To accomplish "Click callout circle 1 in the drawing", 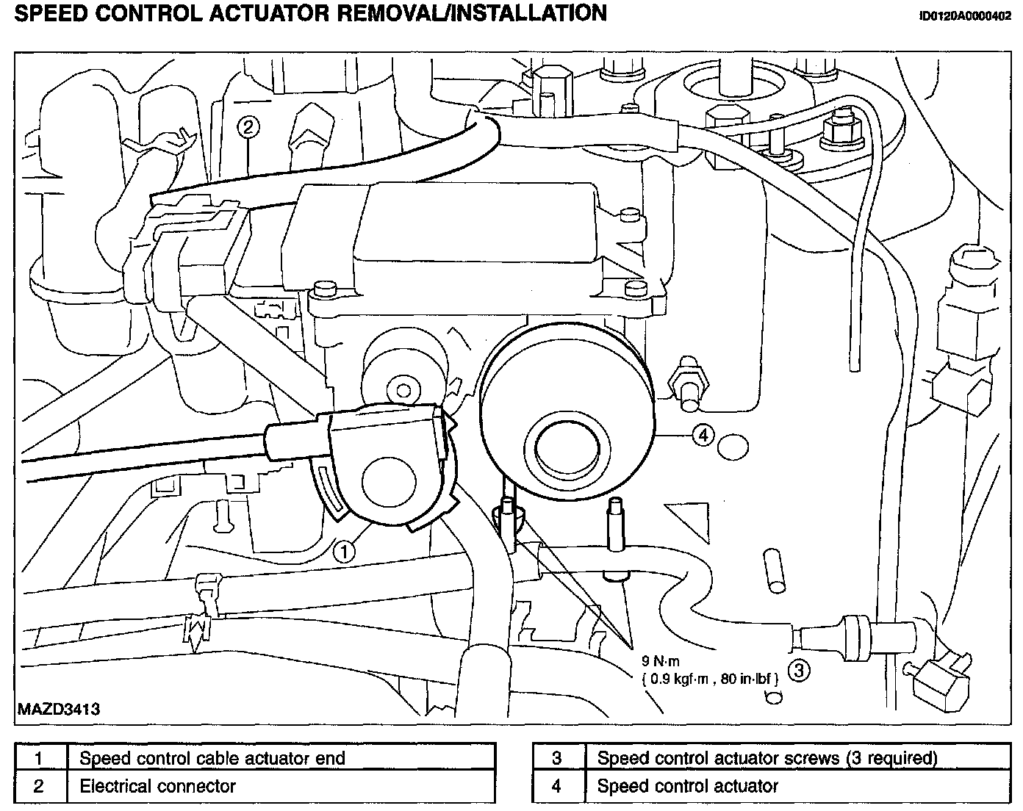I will (x=343, y=551).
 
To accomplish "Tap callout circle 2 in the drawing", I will (x=248, y=127).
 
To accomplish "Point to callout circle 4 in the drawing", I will (x=703, y=436).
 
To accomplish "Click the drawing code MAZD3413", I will (x=58, y=710).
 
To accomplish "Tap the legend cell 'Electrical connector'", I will (x=157, y=787).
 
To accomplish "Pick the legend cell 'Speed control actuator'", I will (x=687, y=787).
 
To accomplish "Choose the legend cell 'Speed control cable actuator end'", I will (x=212, y=758).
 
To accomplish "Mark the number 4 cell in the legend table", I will (x=556, y=787).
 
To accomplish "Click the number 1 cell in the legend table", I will (x=39, y=758).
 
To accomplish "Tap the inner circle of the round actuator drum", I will (x=567, y=445).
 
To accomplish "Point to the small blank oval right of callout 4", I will (x=733, y=445).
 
